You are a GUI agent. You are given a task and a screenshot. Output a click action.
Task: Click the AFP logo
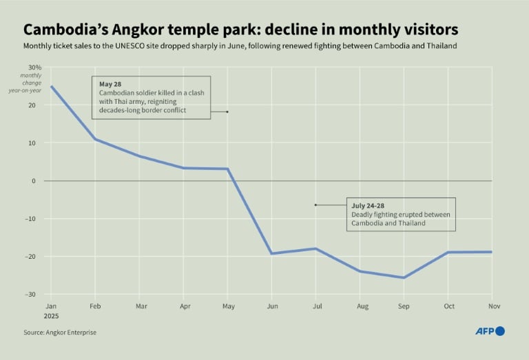(x=490, y=331)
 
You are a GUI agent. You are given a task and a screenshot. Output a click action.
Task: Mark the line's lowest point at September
(x=404, y=277)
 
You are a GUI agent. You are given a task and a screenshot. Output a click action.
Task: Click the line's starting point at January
(x=51, y=87)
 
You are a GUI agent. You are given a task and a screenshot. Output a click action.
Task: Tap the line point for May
(x=227, y=169)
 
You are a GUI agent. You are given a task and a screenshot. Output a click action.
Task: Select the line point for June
(x=271, y=253)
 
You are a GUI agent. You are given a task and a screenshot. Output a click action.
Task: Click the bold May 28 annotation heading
(x=110, y=84)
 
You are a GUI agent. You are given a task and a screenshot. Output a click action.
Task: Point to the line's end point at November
(x=492, y=252)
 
